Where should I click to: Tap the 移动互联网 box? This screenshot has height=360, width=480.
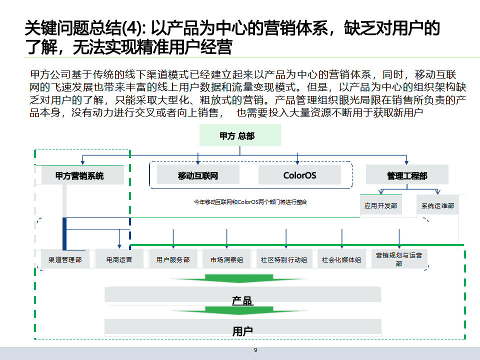pyautogui.click(x=198, y=175)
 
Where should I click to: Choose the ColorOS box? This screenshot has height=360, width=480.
pyautogui.click(x=299, y=175)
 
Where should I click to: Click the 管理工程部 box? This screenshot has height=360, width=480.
pyautogui.click(x=407, y=175)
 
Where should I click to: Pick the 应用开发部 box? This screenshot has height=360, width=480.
pyautogui.click(x=381, y=205)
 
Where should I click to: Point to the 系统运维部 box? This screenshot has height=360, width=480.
pyautogui.click(x=437, y=205)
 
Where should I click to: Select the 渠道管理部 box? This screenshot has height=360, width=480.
pyautogui.click(x=65, y=259)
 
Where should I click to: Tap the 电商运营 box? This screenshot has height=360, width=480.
pyautogui.click(x=119, y=259)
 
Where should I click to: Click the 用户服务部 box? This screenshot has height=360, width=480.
pyautogui.click(x=173, y=259)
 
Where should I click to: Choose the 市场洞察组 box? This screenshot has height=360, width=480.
pyautogui.click(x=226, y=259)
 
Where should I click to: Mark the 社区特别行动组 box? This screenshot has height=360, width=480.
pyautogui.click(x=284, y=259)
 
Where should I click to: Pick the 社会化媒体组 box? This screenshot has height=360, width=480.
pyautogui.click(x=341, y=259)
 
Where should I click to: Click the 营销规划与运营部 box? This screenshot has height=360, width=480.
pyautogui.click(x=399, y=259)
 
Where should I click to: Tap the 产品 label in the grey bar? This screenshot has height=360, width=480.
pyautogui.click(x=242, y=300)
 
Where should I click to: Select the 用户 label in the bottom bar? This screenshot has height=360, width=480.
pyautogui.click(x=242, y=331)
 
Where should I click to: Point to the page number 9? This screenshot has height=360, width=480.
pyautogui.click(x=255, y=350)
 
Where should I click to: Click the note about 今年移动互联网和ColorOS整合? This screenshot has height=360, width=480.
pyautogui.click(x=250, y=202)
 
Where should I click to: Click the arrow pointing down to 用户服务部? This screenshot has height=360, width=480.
pyautogui.click(x=173, y=238)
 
